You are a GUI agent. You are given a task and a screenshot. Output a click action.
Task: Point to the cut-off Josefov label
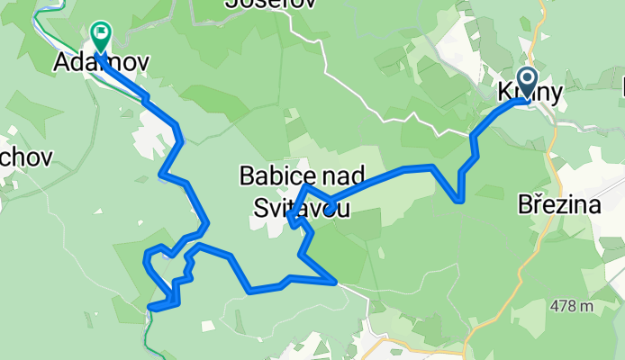(x=271, y=4)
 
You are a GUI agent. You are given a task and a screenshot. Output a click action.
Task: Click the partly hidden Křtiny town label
(x=530, y=93)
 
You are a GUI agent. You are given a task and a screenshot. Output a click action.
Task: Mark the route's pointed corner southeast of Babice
(x=336, y=282)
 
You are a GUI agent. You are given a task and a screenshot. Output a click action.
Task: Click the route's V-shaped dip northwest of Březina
(x=461, y=200)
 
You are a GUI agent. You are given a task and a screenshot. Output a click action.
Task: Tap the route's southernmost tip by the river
(x=149, y=308)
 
